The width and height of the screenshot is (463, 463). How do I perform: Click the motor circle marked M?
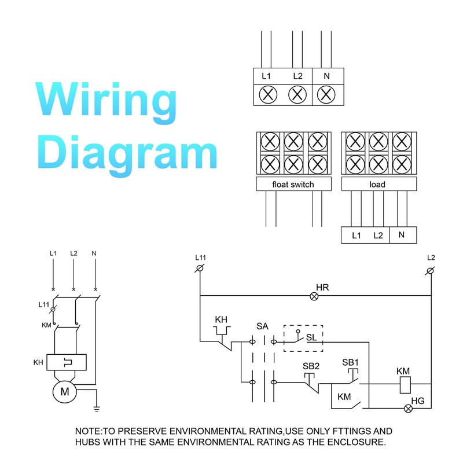pyautogui.click(x=65, y=392)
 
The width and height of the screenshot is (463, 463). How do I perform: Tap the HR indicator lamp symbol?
pyautogui.click(x=314, y=296)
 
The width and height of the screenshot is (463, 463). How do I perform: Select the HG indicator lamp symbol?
pyautogui.click(x=408, y=409)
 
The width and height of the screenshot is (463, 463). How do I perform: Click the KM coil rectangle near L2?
pyautogui.click(x=405, y=385)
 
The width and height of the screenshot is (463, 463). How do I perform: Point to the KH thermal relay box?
pyautogui.click(x=67, y=362)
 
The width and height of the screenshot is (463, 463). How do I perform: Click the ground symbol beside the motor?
pyautogui.click(x=97, y=409)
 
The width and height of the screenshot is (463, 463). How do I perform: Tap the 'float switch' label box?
pyautogui.click(x=294, y=184)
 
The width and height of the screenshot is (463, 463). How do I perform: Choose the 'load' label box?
pyautogui.click(x=379, y=184)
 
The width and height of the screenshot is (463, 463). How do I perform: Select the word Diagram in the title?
pyautogui.click(x=127, y=155)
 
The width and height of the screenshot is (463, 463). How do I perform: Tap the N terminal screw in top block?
pyautogui.click(x=326, y=95)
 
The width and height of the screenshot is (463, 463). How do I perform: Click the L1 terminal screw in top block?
pyautogui.click(x=268, y=95)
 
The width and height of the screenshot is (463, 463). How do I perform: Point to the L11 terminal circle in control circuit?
pyautogui.click(x=200, y=268)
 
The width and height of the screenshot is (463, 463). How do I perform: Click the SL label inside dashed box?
pyautogui.click(x=311, y=337)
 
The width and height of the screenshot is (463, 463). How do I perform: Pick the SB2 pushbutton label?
pyautogui.click(x=311, y=366)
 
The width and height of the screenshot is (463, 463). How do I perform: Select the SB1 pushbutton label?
pyautogui.click(x=350, y=362)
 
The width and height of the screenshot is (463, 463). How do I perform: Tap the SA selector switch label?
pyautogui.click(x=262, y=326)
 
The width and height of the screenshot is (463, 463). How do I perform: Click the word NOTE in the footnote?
pyautogui.click(x=88, y=431)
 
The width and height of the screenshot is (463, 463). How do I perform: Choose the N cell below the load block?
pyautogui.click(x=403, y=235)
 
